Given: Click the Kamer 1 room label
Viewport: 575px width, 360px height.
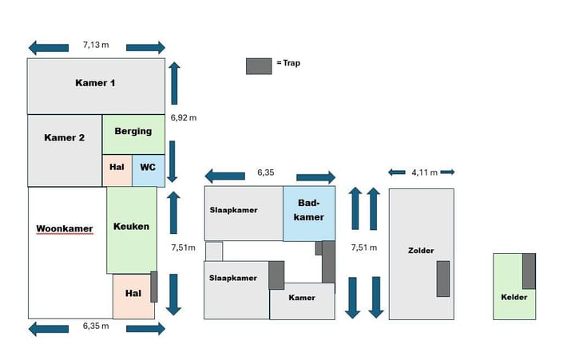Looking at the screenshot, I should pyautogui.click(x=96, y=83).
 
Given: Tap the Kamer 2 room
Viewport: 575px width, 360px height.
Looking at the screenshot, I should pyautogui.click(x=65, y=137).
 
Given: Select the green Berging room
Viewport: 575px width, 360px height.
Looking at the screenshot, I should pyautogui.click(x=133, y=132).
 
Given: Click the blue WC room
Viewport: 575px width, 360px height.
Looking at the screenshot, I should pyautogui.click(x=148, y=168).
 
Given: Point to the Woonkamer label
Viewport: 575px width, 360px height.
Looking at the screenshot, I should pyautogui.click(x=65, y=229).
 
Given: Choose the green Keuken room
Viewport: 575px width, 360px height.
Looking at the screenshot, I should pyautogui.click(x=132, y=227).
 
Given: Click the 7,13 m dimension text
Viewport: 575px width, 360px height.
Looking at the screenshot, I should pyautogui.click(x=96, y=46).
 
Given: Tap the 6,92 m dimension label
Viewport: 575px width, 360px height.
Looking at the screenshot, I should pyautogui.click(x=184, y=117).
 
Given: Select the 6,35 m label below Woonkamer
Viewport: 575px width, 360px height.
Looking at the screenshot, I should pyautogui.click(x=96, y=326).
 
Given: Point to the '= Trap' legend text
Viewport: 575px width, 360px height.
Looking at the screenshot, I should pyautogui.click(x=288, y=63).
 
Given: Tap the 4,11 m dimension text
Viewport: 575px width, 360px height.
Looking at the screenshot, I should pyautogui.click(x=423, y=172).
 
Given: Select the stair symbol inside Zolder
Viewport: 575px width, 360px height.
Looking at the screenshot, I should pyautogui.click(x=442, y=279).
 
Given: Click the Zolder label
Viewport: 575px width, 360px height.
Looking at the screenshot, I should pyautogui.click(x=420, y=251).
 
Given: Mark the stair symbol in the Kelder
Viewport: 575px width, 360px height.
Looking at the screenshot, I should pyautogui.click(x=529, y=271).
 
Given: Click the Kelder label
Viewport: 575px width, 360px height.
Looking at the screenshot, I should pyautogui.click(x=514, y=296).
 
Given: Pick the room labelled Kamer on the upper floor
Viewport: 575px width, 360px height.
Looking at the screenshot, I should pyautogui.click(x=302, y=298).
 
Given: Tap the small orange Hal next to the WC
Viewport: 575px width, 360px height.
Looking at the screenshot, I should pyautogui.click(x=117, y=168).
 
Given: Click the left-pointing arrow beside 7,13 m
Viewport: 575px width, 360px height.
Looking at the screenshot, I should pyautogui.click(x=48, y=47).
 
